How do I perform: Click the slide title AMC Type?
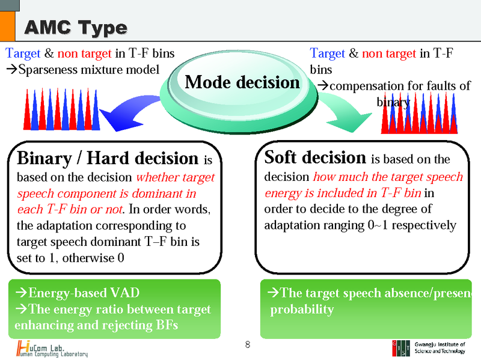click(x=75, y=28)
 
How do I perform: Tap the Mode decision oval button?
click(x=242, y=82)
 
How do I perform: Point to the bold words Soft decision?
click(x=315, y=158)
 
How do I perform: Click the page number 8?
click(x=247, y=345)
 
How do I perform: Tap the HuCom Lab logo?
click(x=52, y=349)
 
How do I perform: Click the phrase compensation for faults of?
click(x=400, y=86)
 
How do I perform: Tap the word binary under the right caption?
click(x=393, y=102)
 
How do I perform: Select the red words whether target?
click(x=176, y=178)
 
